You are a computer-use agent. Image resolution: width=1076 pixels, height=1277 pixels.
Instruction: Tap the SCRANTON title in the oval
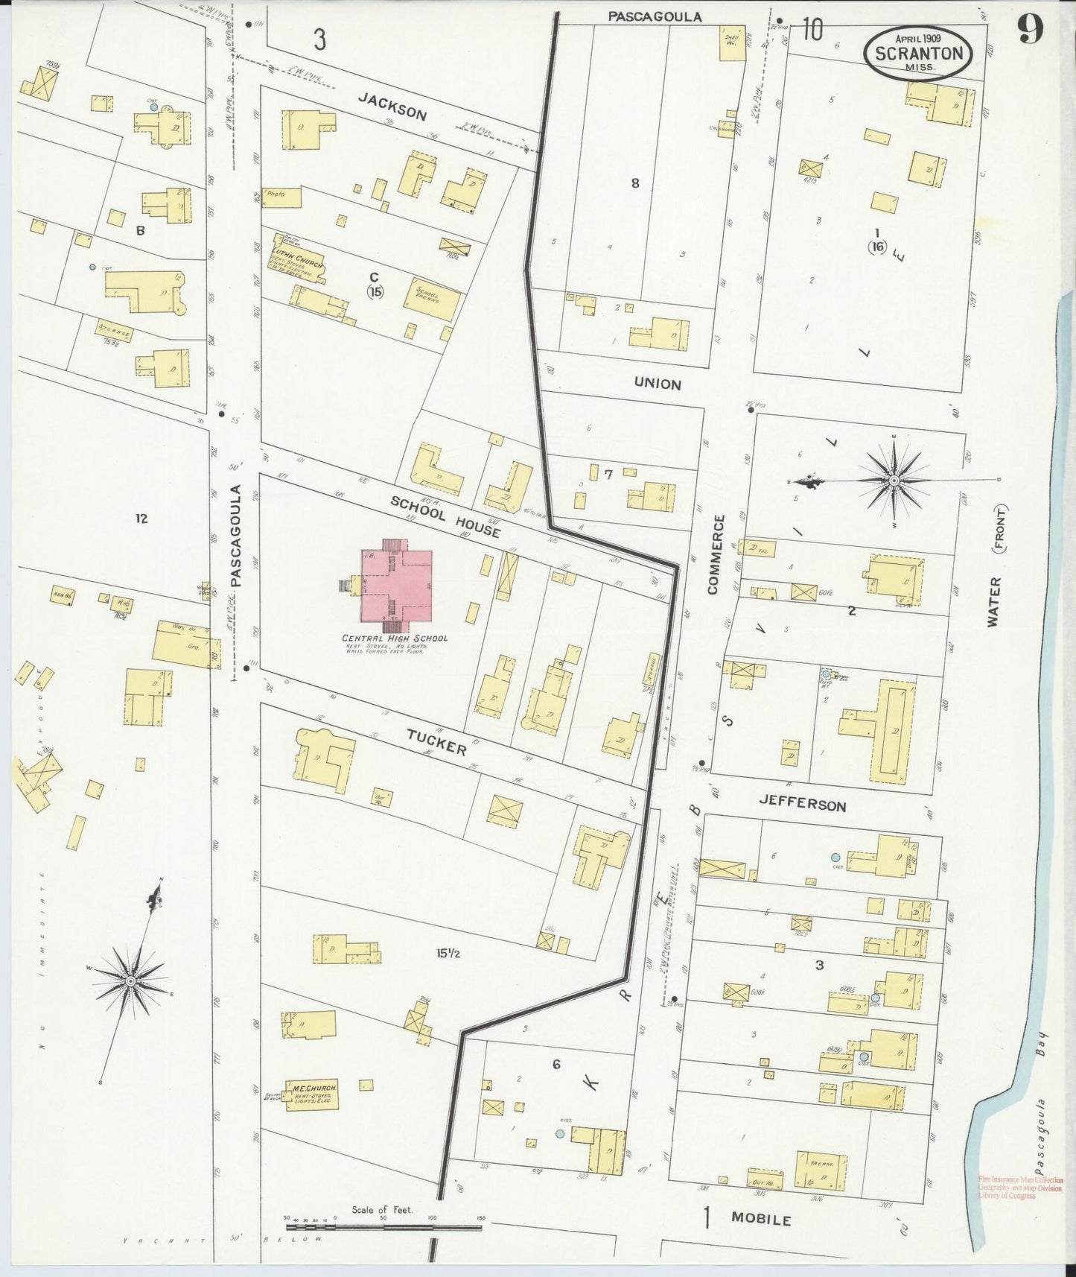[917, 54]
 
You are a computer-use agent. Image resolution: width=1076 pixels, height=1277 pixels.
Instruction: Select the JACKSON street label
[392, 106]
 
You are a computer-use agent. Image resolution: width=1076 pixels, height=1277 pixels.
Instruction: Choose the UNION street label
[658, 384]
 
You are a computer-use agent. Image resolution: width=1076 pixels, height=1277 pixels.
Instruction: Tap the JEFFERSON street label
[802, 805]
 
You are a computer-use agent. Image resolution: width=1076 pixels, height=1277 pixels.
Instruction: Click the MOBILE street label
[760, 1219]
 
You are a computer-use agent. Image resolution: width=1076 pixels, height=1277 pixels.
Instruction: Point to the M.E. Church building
[312, 1093]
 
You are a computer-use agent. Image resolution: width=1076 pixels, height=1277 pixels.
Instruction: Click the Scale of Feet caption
[382, 1209]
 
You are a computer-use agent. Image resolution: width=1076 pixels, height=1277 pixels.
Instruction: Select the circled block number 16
[877, 247]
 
